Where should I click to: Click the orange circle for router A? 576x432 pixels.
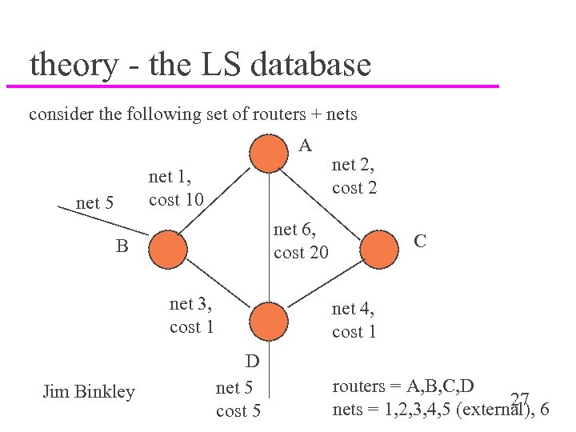pyautogui.click(x=268, y=153)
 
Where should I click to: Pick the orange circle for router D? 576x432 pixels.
pyautogui.click(x=268, y=321)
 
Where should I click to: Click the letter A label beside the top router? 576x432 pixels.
pyautogui.click(x=305, y=146)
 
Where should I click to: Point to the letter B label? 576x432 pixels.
pyautogui.click(x=122, y=246)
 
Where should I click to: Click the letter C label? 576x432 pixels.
pyautogui.click(x=419, y=240)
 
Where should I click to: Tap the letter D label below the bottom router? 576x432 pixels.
pyautogui.click(x=252, y=361)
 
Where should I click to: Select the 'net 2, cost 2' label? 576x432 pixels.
pyautogui.click(x=354, y=177)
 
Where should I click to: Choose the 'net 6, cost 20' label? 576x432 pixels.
pyautogui.click(x=301, y=241)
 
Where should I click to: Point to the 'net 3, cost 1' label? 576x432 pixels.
pyautogui.click(x=191, y=315)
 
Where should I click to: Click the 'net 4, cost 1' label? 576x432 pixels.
pyautogui.click(x=354, y=319)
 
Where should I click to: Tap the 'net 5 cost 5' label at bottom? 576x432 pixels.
pyautogui.click(x=238, y=399)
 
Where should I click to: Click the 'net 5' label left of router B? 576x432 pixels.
pyautogui.click(x=94, y=203)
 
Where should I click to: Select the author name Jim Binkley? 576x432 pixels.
pyautogui.click(x=88, y=391)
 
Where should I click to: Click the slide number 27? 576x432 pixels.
pyautogui.click(x=521, y=399)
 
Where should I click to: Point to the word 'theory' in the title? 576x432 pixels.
pyautogui.click(x=73, y=65)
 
